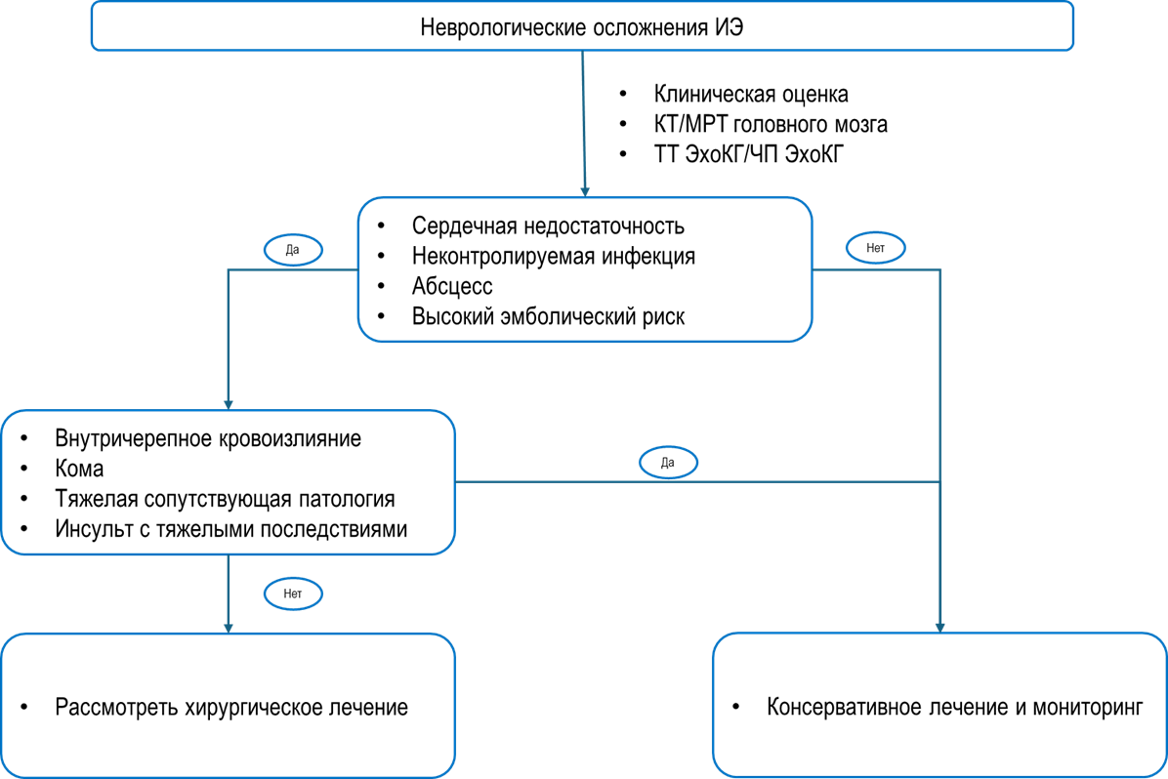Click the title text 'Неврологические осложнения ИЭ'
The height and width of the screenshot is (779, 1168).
582,27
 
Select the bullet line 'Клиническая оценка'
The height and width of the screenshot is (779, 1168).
751,94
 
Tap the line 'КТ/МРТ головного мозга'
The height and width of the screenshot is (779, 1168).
771,124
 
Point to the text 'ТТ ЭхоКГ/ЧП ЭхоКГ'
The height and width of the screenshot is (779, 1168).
749,154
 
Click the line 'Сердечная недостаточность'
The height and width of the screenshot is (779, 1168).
548,225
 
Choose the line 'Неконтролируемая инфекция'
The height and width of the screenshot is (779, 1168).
554,256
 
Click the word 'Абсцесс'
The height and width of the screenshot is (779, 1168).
452,287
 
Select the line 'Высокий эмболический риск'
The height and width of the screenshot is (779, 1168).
548,316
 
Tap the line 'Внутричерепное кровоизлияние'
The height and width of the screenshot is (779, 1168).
208,438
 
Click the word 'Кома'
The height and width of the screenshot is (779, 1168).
79,469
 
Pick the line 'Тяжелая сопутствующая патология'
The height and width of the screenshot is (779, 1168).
225,499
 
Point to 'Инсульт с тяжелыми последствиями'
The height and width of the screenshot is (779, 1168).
230,529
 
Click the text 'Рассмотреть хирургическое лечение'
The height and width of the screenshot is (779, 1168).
231,707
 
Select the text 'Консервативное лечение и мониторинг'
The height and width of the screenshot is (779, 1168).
955,707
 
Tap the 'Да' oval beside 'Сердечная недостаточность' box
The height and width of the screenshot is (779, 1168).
294,250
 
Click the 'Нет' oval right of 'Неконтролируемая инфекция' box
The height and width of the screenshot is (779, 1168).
876,248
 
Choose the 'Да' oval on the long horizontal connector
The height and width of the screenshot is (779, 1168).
668,463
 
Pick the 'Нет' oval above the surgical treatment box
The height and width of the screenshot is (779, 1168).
294,594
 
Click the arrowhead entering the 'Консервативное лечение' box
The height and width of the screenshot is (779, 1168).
940,628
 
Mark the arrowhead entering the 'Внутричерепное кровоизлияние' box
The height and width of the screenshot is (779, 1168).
229,404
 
